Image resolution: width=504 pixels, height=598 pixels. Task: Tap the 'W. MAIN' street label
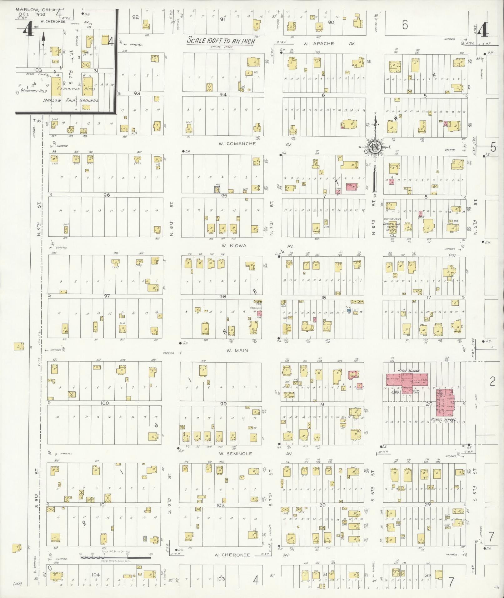point(237,350)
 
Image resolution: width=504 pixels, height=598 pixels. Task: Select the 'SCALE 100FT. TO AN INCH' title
point(221,41)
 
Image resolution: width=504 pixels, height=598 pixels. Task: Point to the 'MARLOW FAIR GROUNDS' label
point(71,101)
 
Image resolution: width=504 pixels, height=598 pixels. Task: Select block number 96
point(107,195)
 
